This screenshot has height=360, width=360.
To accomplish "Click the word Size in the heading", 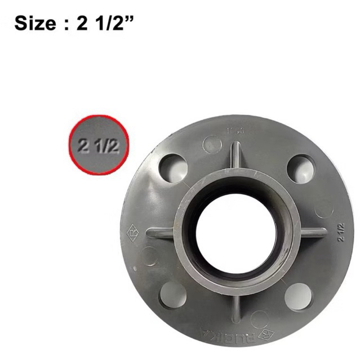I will [x=35, y=24].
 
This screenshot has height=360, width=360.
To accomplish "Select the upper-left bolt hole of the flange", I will [x=173, y=167].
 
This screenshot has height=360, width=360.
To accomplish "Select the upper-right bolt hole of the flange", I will [x=300, y=167].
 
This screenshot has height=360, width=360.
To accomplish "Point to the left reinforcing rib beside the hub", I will [x=160, y=232].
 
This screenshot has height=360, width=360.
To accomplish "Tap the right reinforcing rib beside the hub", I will [x=313, y=232].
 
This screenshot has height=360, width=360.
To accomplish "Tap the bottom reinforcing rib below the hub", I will [x=237, y=307].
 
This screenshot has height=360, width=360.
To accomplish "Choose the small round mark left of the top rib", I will [x=212, y=144].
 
